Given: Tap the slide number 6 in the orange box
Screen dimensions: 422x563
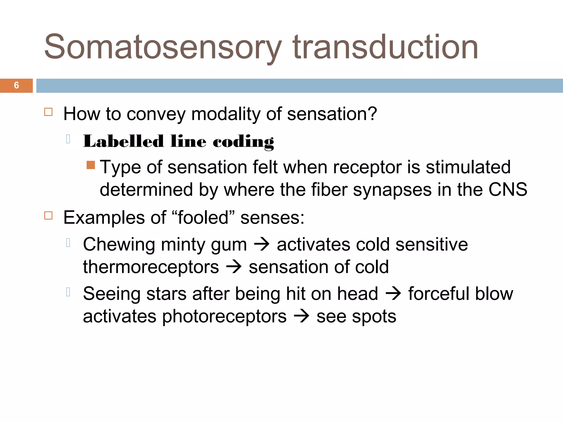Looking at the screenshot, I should [x=16, y=85].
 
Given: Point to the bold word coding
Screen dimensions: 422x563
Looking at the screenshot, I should [x=243, y=142].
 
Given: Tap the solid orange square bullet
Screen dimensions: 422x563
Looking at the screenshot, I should [x=91, y=165].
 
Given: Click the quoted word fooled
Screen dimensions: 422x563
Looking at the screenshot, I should [x=203, y=217].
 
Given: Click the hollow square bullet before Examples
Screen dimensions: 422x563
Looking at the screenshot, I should [x=48, y=215].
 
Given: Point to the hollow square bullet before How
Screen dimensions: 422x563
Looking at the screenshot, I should [x=48, y=112].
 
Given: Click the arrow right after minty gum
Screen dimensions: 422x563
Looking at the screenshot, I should [x=262, y=244].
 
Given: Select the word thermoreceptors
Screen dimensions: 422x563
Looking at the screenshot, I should [x=151, y=267].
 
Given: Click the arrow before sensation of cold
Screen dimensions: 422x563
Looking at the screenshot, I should [x=234, y=267].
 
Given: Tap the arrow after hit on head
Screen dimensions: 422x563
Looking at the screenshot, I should [x=393, y=293].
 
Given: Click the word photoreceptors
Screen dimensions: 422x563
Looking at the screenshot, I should [x=224, y=316].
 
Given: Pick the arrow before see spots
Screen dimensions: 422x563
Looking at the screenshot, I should [x=302, y=316].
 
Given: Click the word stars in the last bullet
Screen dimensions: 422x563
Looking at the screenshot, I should [x=166, y=293].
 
